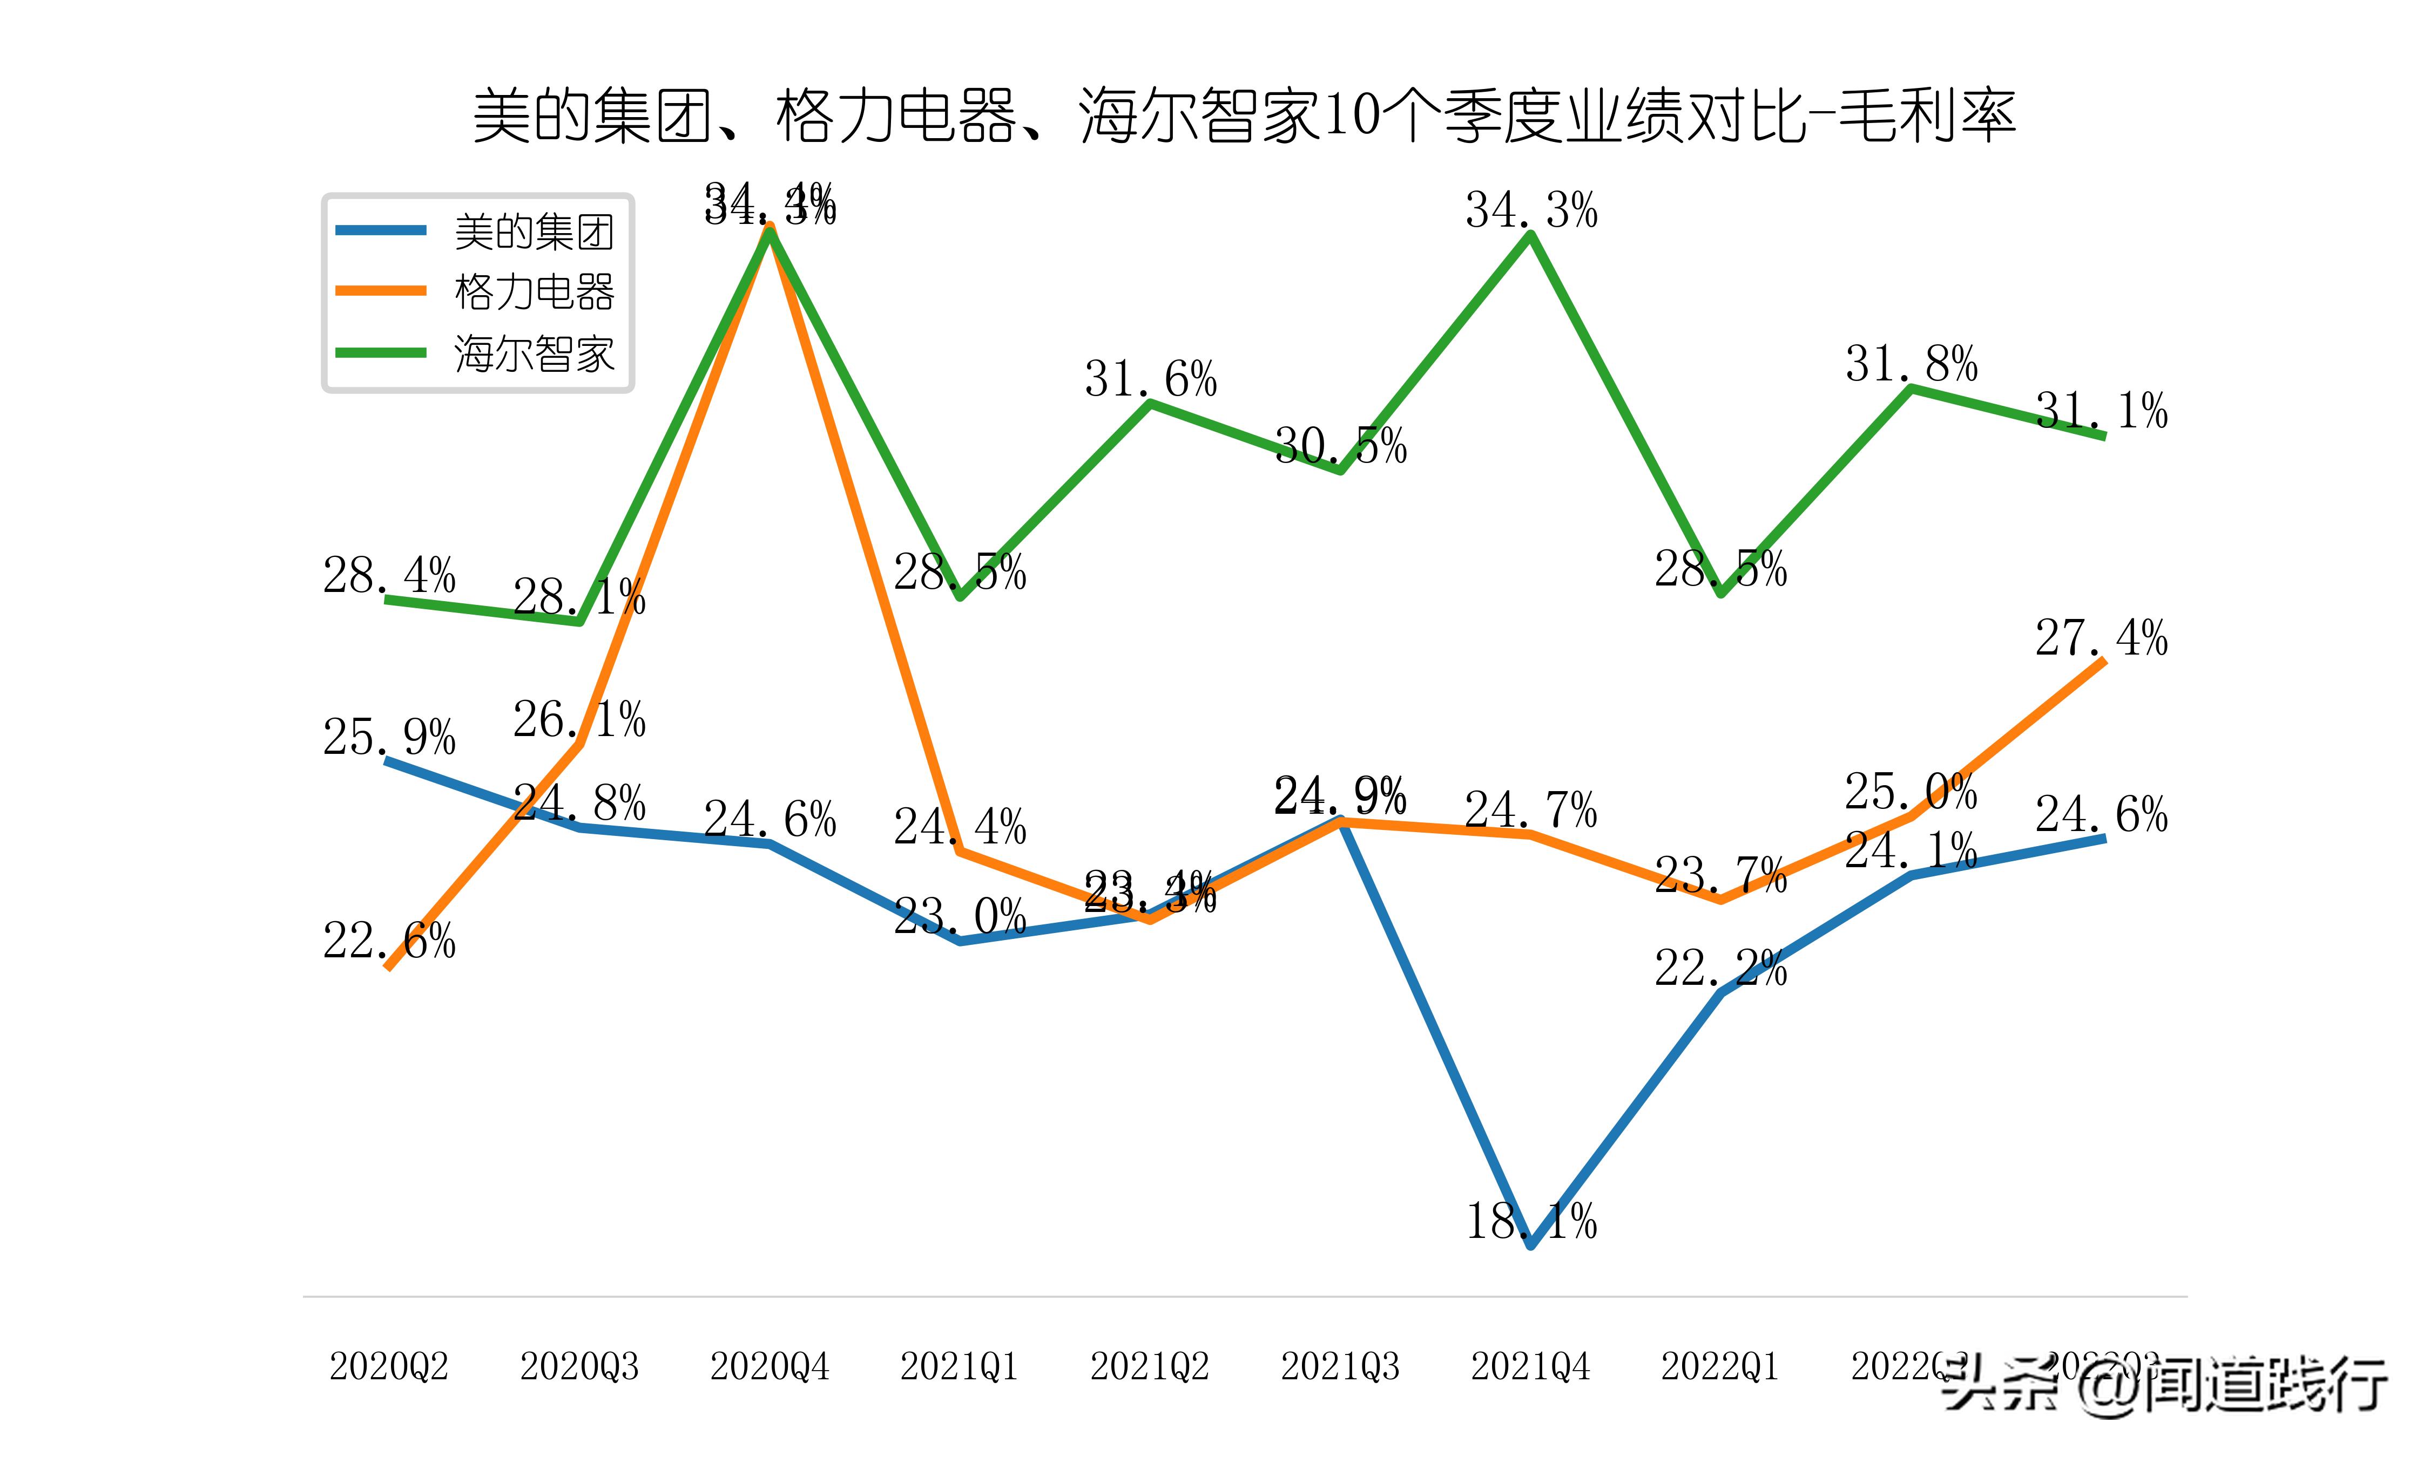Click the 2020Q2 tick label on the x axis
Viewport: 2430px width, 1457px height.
(x=389, y=1366)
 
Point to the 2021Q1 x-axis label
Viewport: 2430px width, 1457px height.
(x=960, y=1366)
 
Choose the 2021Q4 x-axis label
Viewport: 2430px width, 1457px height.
(x=1530, y=1366)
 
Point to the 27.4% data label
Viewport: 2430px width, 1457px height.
(x=2101, y=638)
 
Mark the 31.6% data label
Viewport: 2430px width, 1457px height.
(x=1150, y=379)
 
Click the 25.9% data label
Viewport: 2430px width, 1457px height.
(x=389, y=737)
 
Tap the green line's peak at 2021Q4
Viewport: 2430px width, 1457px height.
(x=1530, y=235)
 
